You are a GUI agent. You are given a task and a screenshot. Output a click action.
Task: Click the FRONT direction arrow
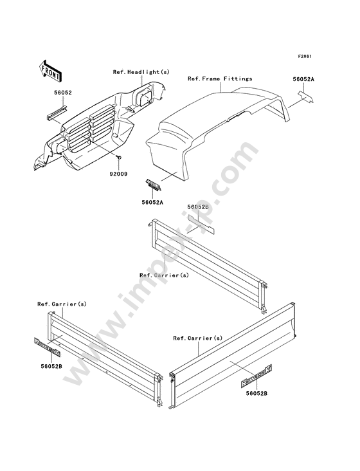click(50, 71)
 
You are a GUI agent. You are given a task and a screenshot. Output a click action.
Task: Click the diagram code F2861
click(305, 56)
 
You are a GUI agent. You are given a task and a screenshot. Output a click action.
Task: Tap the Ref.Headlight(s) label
click(141, 72)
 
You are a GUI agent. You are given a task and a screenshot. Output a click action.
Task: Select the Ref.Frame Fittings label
click(220, 78)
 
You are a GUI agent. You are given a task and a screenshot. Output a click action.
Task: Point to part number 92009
click(120, 174)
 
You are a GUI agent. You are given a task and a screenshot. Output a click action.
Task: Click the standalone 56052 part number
click(63, 93)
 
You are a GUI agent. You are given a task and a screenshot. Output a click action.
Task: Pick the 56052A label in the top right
click(303, 79)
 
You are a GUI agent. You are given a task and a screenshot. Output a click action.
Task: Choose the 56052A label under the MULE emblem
click(152, 202)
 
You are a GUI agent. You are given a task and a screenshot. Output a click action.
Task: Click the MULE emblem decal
click(154, 185)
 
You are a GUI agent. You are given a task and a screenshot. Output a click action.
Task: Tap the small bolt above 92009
click(119, 157)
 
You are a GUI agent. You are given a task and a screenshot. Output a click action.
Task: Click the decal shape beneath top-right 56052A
click(305, 97)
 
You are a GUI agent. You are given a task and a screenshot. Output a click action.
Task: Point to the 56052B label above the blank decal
click(198, 207)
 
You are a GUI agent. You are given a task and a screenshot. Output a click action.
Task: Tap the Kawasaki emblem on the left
click(48, 347)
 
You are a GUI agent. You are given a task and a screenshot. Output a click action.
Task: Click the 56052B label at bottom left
click(51, 366)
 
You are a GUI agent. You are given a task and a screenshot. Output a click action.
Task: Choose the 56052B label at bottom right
click(256, 393)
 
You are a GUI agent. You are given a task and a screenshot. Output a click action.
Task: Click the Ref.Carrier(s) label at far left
click(62, 304)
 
